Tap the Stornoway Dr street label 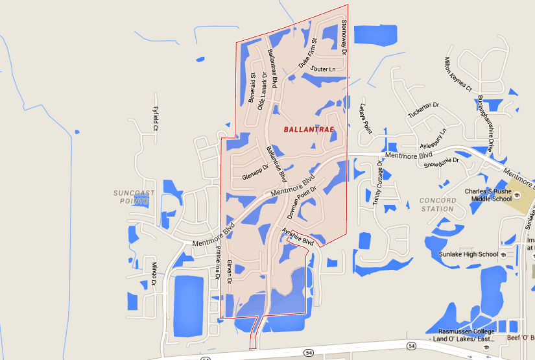pyautogui.click(x=344, y=37)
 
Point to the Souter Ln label pyautogui.click(x=323, y=69)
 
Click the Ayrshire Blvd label pyautogui.click(x=298, y=237)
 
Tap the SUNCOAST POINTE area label pyautogui.click(x=131, y=197)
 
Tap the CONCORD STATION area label pyautogui.click(x=437, y=205)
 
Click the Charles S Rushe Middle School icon pyautogui.click(x=517, y=195)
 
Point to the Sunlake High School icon pyautogui.click(x=504, y=254)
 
